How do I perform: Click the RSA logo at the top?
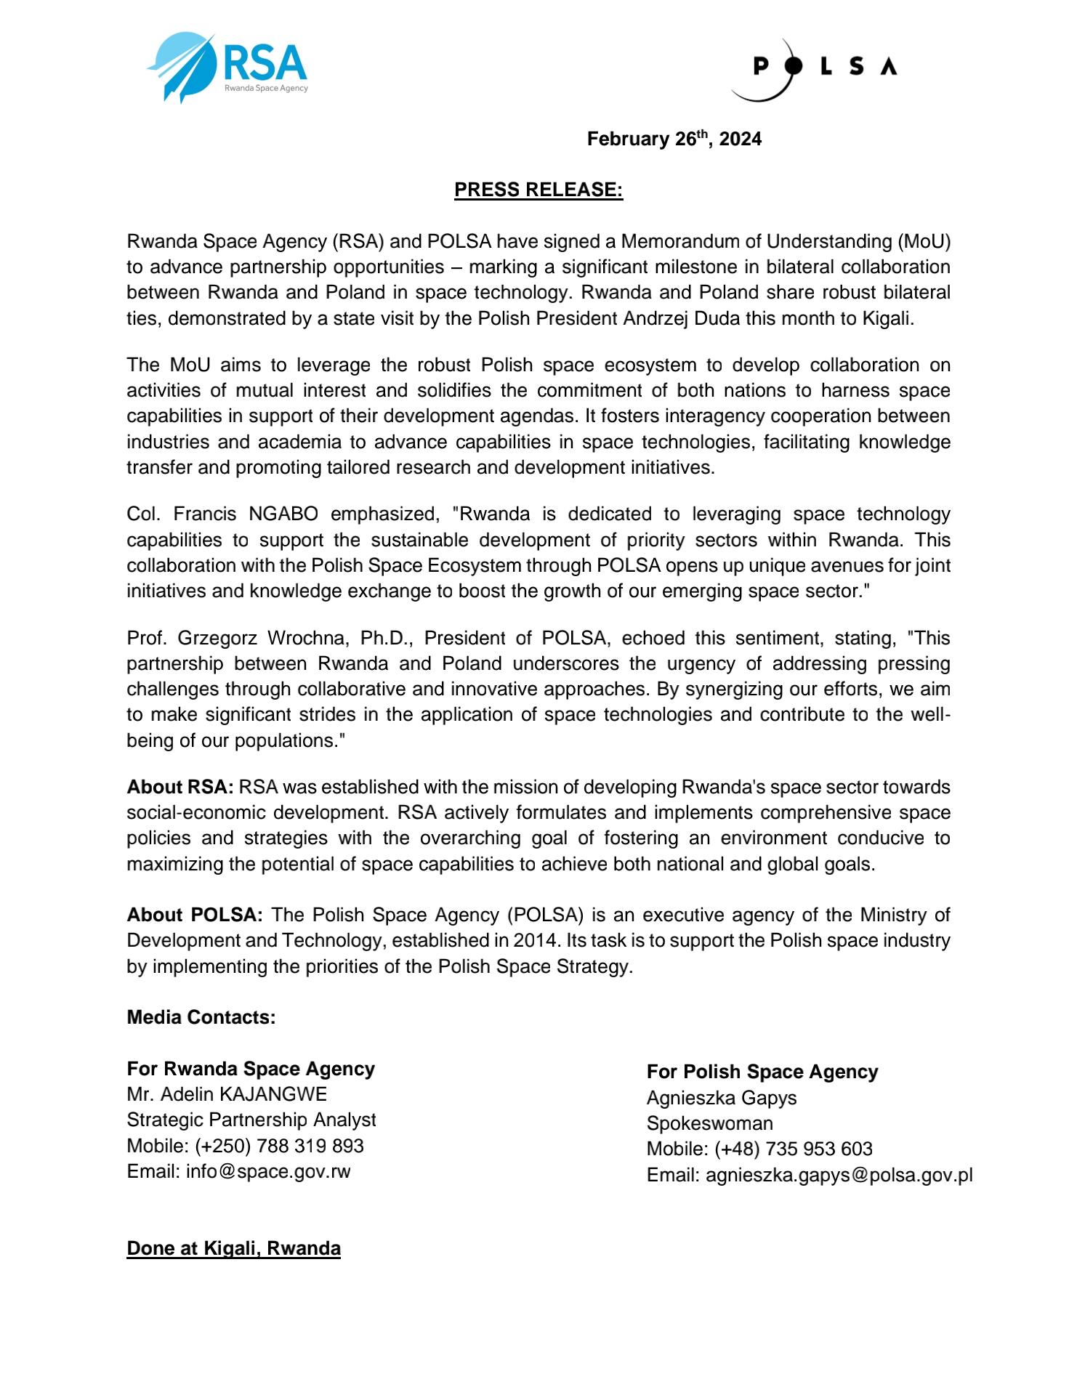(227, 67)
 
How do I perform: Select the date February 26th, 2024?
(674, 139)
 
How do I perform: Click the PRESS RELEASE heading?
(538, 190)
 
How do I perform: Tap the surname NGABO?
(283, 514)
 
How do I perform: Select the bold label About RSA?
(180, 787)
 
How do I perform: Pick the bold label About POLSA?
(195, 915)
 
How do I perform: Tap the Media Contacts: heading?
(201, 1017)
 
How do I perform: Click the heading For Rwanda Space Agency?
(251, 1069)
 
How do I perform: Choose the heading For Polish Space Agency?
(762, 1072)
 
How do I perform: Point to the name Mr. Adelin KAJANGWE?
(227, 1094)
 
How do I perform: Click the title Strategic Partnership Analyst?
(251, 1120)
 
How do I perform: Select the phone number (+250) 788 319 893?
(279, 1146)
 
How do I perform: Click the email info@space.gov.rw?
(268, 1171)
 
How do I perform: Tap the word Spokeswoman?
(710, 1123)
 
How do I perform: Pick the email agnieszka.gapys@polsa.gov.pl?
(839, 1175)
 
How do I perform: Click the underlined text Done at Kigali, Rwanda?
(233, 1248)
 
